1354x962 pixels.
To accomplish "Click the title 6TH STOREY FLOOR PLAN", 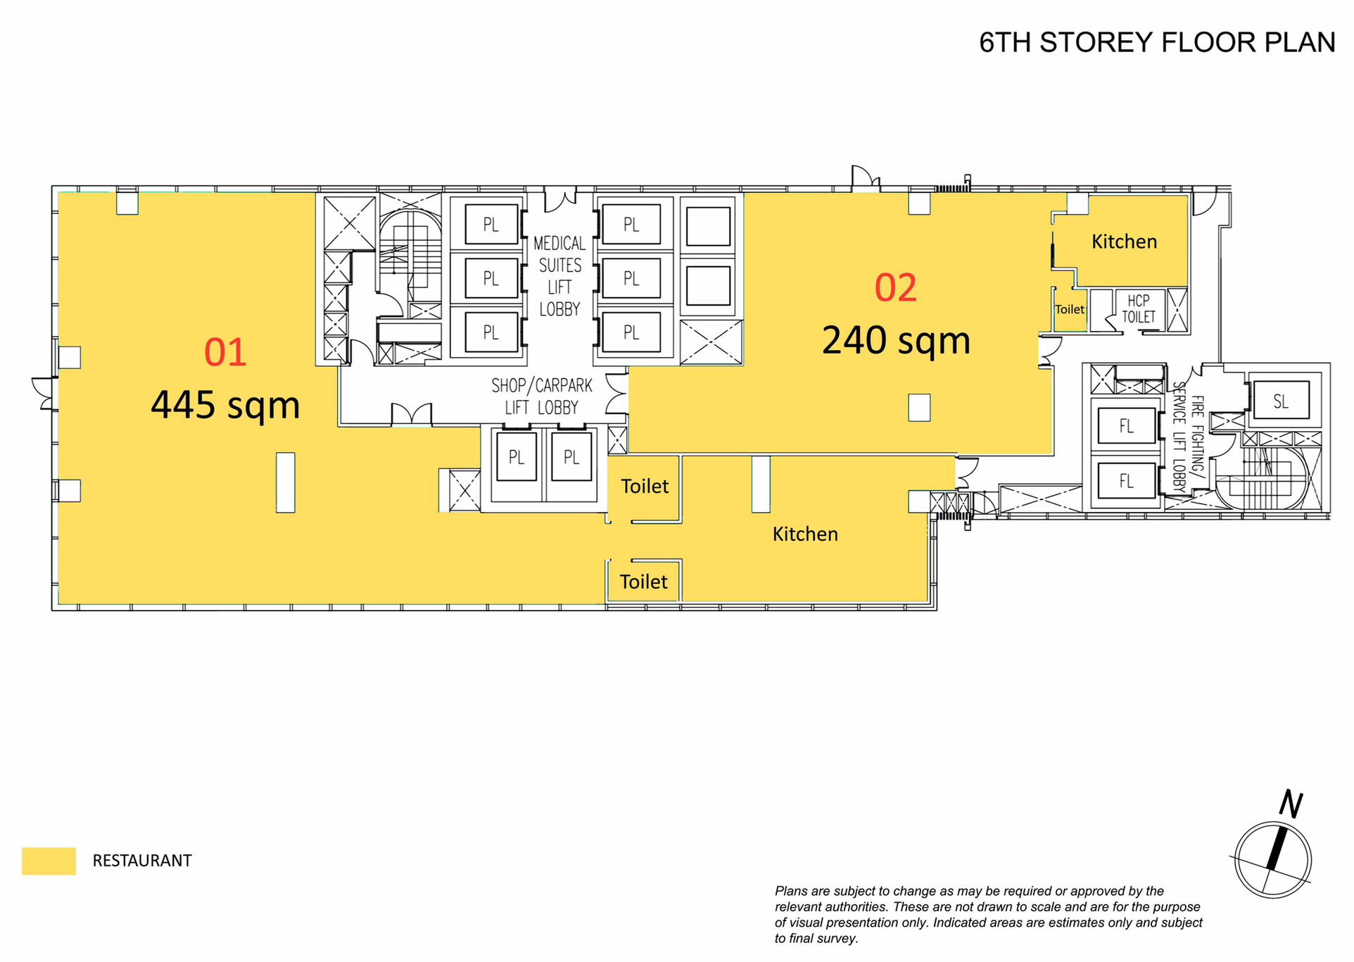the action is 1157,42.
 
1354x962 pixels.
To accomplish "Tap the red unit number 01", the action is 225,352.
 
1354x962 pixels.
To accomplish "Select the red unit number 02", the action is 896,287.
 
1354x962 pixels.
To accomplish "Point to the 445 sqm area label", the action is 225,405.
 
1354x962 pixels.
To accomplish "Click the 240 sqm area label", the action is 896,340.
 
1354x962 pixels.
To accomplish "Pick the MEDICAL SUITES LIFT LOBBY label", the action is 559,276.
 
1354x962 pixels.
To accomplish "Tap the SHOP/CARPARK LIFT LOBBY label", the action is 542,396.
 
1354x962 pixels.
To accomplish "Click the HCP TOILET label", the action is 1139,308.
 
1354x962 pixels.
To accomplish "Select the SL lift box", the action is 1281,401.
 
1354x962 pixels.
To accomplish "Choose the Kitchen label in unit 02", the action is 1124,242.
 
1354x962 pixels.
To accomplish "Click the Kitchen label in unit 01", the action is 805,534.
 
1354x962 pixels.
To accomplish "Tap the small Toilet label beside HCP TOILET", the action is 1070,309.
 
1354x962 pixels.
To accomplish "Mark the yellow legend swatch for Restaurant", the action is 49,861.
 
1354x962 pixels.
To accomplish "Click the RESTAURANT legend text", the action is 142,861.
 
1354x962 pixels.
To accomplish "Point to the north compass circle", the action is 1273,860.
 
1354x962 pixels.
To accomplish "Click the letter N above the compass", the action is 1291,804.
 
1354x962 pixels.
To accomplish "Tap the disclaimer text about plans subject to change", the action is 989,914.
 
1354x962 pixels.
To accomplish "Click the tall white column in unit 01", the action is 285,482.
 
